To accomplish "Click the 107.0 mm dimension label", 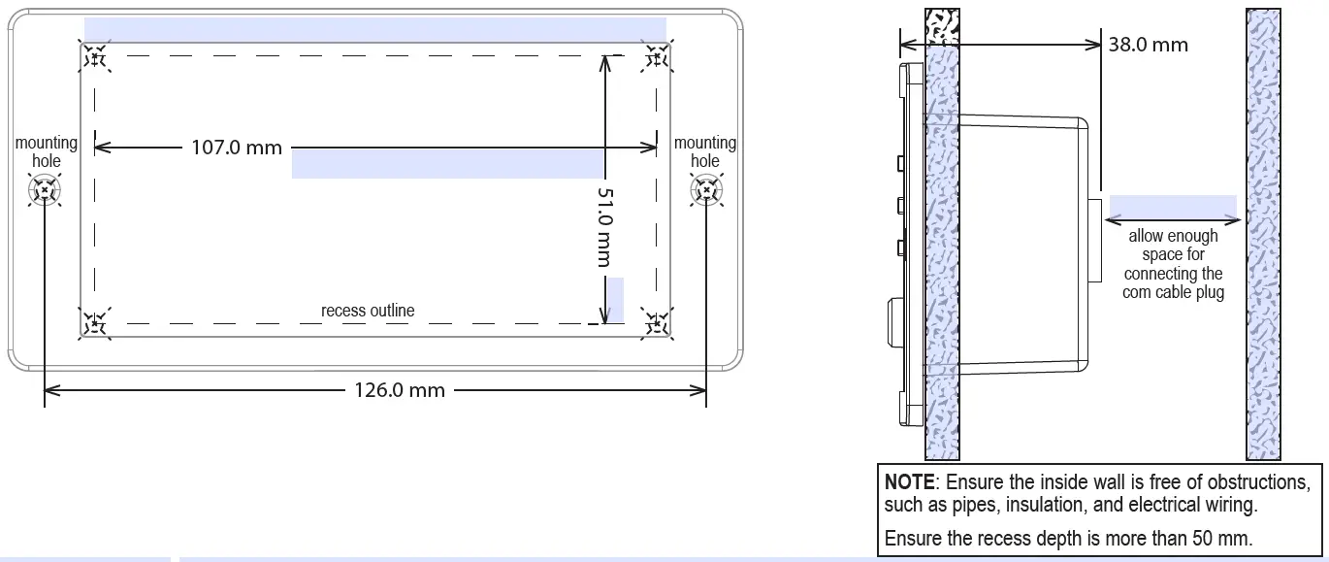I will tap(237, 148).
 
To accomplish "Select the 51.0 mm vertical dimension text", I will tap(604, 227).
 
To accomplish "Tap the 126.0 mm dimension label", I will tap(399, 390).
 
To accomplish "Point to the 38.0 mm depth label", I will tap(1149, 44).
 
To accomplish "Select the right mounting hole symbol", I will tap(705, 191).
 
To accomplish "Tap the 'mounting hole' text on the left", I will tap(46, 151).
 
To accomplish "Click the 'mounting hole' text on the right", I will tap(705, 151).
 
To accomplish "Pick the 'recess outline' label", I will tap(368, 311).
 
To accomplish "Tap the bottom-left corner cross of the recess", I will tap(95, 322).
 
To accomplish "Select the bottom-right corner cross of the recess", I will tap(656, 322).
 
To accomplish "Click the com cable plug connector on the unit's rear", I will tap(1094, 240).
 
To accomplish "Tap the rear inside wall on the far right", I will tap(1262, 233).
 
